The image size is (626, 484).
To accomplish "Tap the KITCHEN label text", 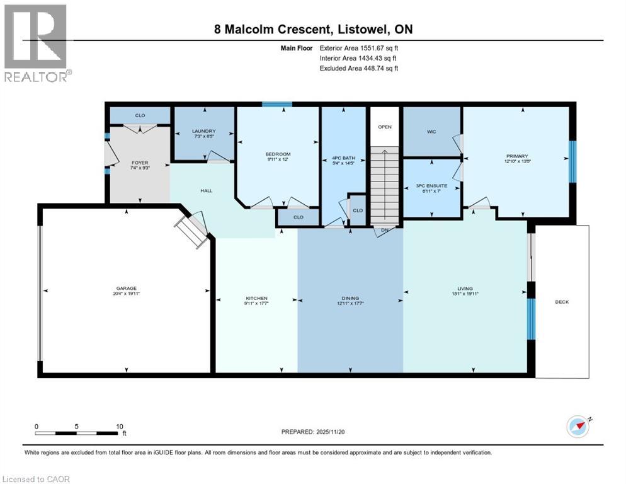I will (257, 298).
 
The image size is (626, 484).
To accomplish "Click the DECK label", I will (562, 302).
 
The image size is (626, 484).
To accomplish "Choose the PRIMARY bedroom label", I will (516, 156).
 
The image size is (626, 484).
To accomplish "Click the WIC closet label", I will (431, 132).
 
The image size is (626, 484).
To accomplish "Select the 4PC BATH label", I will (344, 158).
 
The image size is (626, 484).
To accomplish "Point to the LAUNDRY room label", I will (204, 131).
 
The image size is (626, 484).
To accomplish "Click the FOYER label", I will (139, 163).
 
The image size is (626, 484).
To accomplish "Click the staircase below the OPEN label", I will (384, 183).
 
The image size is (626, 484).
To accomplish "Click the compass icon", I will (578, 427).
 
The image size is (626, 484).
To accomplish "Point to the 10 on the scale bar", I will (120, 426).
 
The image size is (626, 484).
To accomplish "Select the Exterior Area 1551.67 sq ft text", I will (359, 48).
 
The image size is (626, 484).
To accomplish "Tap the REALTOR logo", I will (36, 43).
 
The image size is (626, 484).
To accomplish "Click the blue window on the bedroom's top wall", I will (277, 105).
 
